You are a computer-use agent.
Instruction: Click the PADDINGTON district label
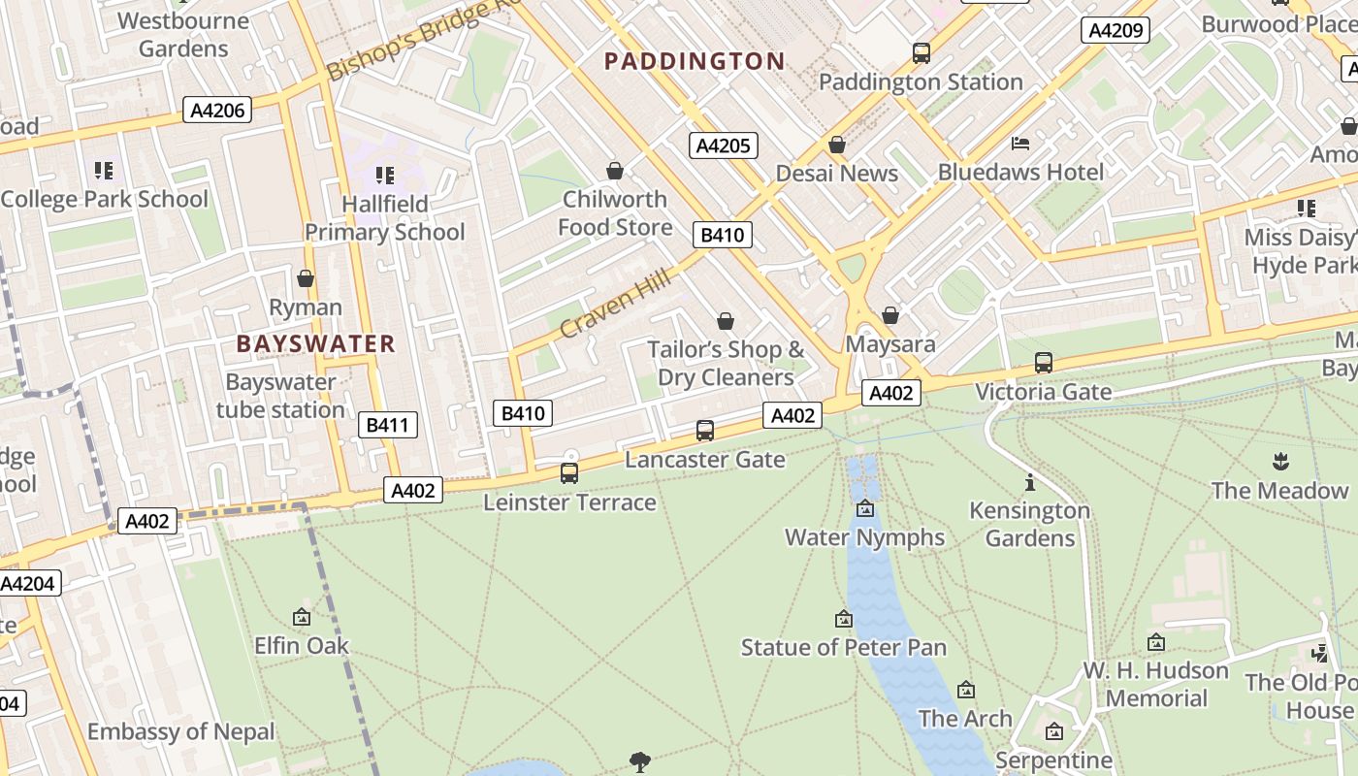pyautogui.click(x=695, y=61)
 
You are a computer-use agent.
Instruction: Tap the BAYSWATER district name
pyautogui.click(x=316, y=343)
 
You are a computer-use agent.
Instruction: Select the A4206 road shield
pyautogui.click(x=217, y=110)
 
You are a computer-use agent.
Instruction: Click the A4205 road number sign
pyautogui.click(x=723, y=145)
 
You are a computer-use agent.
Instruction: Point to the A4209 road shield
pyautogui.click(x=1115, y=30)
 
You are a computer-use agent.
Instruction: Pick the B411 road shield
pyautogui.click(x=388, y=424)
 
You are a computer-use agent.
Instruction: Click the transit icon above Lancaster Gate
pyautogui.click(x=705, y=430)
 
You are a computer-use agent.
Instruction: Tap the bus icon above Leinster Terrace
pyautogui.click(x=569, y=473)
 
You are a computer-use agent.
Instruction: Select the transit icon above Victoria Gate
pyautogui.click(x=1044, y=363)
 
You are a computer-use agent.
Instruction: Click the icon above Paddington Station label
pyautogui.click(x=921, y=53)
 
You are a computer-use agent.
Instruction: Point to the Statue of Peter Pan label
pyautogui.click(x=844, y=647)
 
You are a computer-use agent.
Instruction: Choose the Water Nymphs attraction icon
pyautogui.click(x=865, y=508)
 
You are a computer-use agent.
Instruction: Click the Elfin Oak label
pyautogui.click(x=302, y=645)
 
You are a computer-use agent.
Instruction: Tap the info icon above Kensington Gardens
pyautogui.click(x=1030, y=481)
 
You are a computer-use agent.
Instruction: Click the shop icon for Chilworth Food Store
pyautogui.click(x=615, y=171)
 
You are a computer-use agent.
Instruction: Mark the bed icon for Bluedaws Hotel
pyautogui.click(x=1020, y=144)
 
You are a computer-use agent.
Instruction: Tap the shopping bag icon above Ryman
pyautogui.click(x=306, y=279)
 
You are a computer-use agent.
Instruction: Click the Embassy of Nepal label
pyautogui.click(x=181, y=731)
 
